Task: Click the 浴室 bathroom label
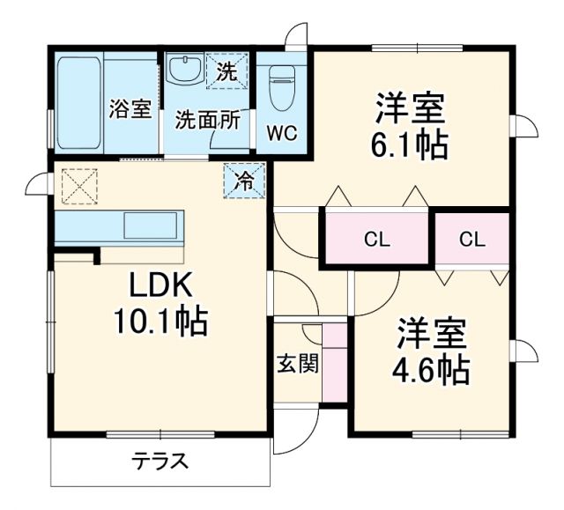(x=130, y=109)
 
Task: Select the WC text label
(x=282, y=133)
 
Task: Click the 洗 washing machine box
(x=227, y=72)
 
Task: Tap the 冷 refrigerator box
(x=244, y=181)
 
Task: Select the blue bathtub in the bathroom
(x=79, y=103)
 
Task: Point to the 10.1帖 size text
(x=160, y=322)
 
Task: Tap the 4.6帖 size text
(x=430, y=369)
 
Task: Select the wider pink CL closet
(x=377, y=238)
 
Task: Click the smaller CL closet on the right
(x=471, y=238)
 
